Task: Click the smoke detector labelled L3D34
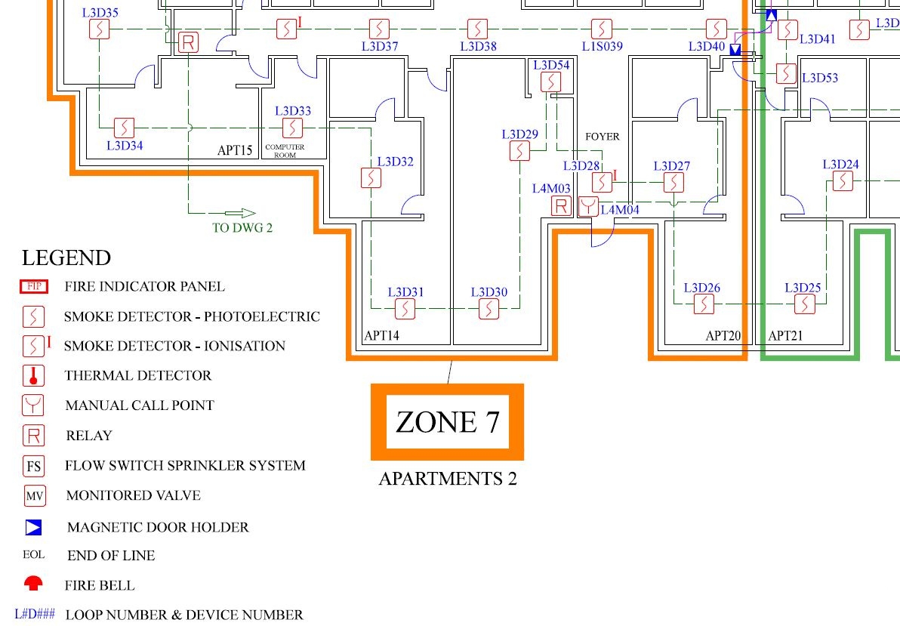123,126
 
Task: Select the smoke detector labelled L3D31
405,307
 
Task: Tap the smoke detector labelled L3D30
490,307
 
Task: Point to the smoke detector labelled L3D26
704,304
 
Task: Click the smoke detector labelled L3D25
805,304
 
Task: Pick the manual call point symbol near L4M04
588,206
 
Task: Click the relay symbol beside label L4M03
561,205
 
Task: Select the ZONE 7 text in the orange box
447,421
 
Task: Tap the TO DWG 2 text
242,228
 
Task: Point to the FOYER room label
602,137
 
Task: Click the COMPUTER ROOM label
285,151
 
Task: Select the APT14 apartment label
381,335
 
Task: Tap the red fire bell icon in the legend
34,584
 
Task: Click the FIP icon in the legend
34,286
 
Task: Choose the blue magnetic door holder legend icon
33,527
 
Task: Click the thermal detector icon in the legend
34,375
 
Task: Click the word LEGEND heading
66,258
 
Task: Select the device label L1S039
602,46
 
